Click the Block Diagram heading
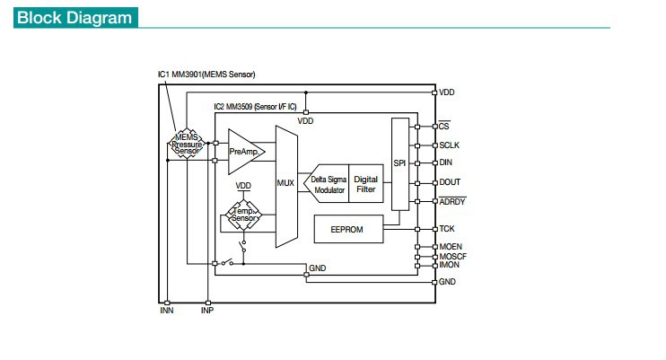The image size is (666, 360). [75, 18]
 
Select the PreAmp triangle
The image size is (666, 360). [244, 152]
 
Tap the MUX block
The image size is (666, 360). [286, 186]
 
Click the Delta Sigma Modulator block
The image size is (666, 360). [326, 184]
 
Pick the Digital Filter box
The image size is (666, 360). [365, 184]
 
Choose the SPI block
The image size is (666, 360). [399, 164]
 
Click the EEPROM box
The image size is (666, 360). [348, 229]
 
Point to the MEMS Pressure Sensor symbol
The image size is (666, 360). [187, 144]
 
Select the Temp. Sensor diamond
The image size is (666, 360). [244, 215]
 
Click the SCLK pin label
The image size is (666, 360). [450, 145]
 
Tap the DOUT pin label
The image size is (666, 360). [450, 182]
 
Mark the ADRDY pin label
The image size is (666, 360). [452, 201]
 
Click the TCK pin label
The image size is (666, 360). [447, 229]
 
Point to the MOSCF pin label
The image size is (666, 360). [452, 256]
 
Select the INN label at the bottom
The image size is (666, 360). [167, 311]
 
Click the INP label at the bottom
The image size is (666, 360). [207, 311]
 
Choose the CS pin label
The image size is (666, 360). [444, 126]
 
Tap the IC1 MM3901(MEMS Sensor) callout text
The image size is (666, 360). [206, 75]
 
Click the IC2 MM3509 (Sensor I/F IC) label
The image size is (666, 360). [255, 107]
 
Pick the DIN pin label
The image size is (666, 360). [445, 162]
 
